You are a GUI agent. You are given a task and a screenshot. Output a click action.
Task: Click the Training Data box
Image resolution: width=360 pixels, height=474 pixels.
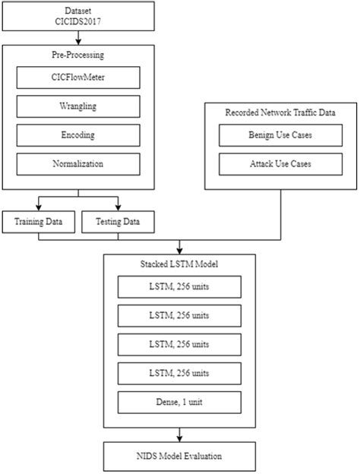tap(39, 222)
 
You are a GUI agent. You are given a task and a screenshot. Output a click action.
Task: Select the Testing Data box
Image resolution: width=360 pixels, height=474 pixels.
tap(118, 222)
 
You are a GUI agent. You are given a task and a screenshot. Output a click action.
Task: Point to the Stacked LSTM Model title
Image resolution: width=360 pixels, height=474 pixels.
tap(179, 265)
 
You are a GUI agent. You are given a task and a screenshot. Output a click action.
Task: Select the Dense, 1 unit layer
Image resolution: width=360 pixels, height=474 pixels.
tap(179, 402)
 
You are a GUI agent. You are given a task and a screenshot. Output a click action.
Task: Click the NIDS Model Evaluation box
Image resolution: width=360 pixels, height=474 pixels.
tap(179, 457)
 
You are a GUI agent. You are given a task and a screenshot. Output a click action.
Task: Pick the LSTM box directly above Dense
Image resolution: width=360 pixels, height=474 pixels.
tap(179, 373)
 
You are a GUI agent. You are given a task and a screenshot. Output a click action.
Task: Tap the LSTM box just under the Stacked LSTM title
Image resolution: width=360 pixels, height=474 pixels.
tap(179, 286)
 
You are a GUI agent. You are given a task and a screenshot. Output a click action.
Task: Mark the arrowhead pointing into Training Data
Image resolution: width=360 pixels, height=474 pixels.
tap(39, 207)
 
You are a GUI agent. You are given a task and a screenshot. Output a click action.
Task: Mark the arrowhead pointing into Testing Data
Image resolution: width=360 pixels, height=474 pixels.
tap(118, 207)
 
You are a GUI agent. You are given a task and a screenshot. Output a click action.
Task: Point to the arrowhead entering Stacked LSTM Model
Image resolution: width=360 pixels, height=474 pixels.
tap(179, 250)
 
